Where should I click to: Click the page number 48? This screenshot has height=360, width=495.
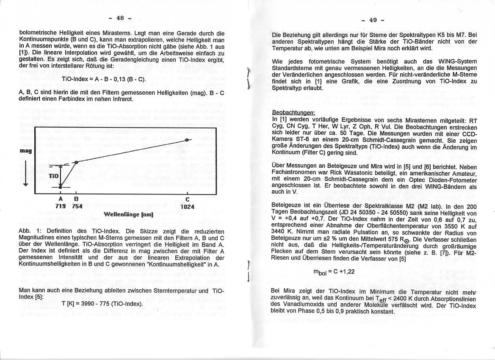pos(121,18)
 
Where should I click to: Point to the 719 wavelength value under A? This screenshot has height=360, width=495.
pos(61,206)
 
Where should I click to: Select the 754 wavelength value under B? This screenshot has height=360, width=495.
pos(77,206)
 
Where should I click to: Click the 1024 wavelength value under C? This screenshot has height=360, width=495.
pos(187,207)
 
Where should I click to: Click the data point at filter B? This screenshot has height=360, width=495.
pos(76,162)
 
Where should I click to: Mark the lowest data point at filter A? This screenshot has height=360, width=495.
pos(61,186)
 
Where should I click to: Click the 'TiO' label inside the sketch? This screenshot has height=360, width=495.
pos(53,175)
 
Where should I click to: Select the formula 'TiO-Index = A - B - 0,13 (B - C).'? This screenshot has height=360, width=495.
pos(104,79)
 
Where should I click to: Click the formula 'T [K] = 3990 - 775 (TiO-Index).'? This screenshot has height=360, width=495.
pos(102,304)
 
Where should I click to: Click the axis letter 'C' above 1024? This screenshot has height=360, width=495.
pos(187,200)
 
